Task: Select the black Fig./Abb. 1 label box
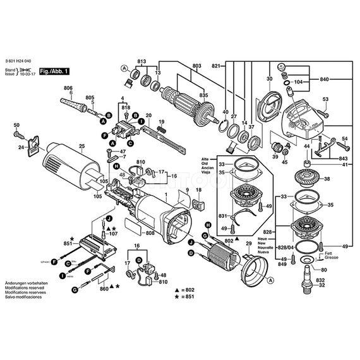point(54,73)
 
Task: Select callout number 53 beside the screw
point(326,99)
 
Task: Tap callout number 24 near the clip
point(21,148)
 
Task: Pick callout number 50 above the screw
point(16,125)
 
